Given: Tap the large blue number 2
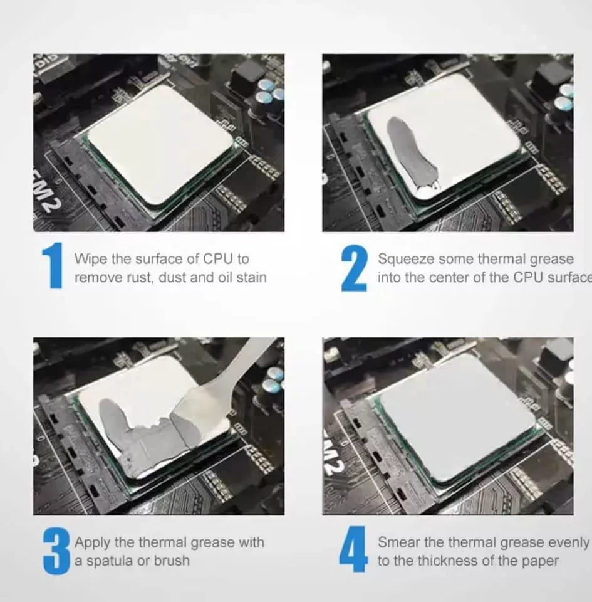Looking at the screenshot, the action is coord(355,268).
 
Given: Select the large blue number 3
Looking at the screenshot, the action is coord(57,551).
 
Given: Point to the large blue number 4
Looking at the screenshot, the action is coord(353,549).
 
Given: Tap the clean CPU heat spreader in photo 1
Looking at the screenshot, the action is coord(159,144).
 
